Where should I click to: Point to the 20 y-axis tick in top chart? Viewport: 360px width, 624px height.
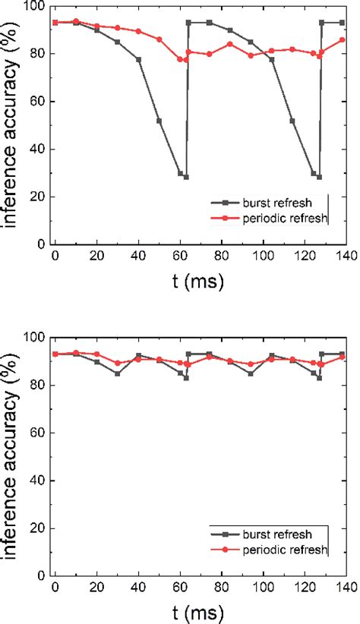click(39, 197)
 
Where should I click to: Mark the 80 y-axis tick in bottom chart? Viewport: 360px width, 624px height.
click(39, 385)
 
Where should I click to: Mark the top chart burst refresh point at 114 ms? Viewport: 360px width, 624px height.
click(292, 121)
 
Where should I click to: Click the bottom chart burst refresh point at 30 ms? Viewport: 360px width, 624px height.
click(118, 373)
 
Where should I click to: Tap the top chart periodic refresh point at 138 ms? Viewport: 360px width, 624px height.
click(342, 39)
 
